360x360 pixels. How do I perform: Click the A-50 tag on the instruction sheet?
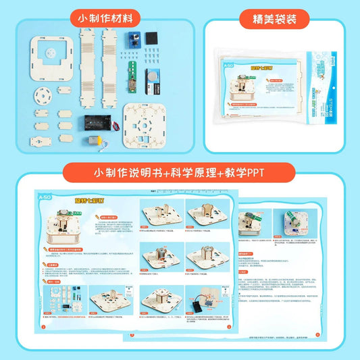(45, 197)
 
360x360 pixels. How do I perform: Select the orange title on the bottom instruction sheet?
(91, 201)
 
